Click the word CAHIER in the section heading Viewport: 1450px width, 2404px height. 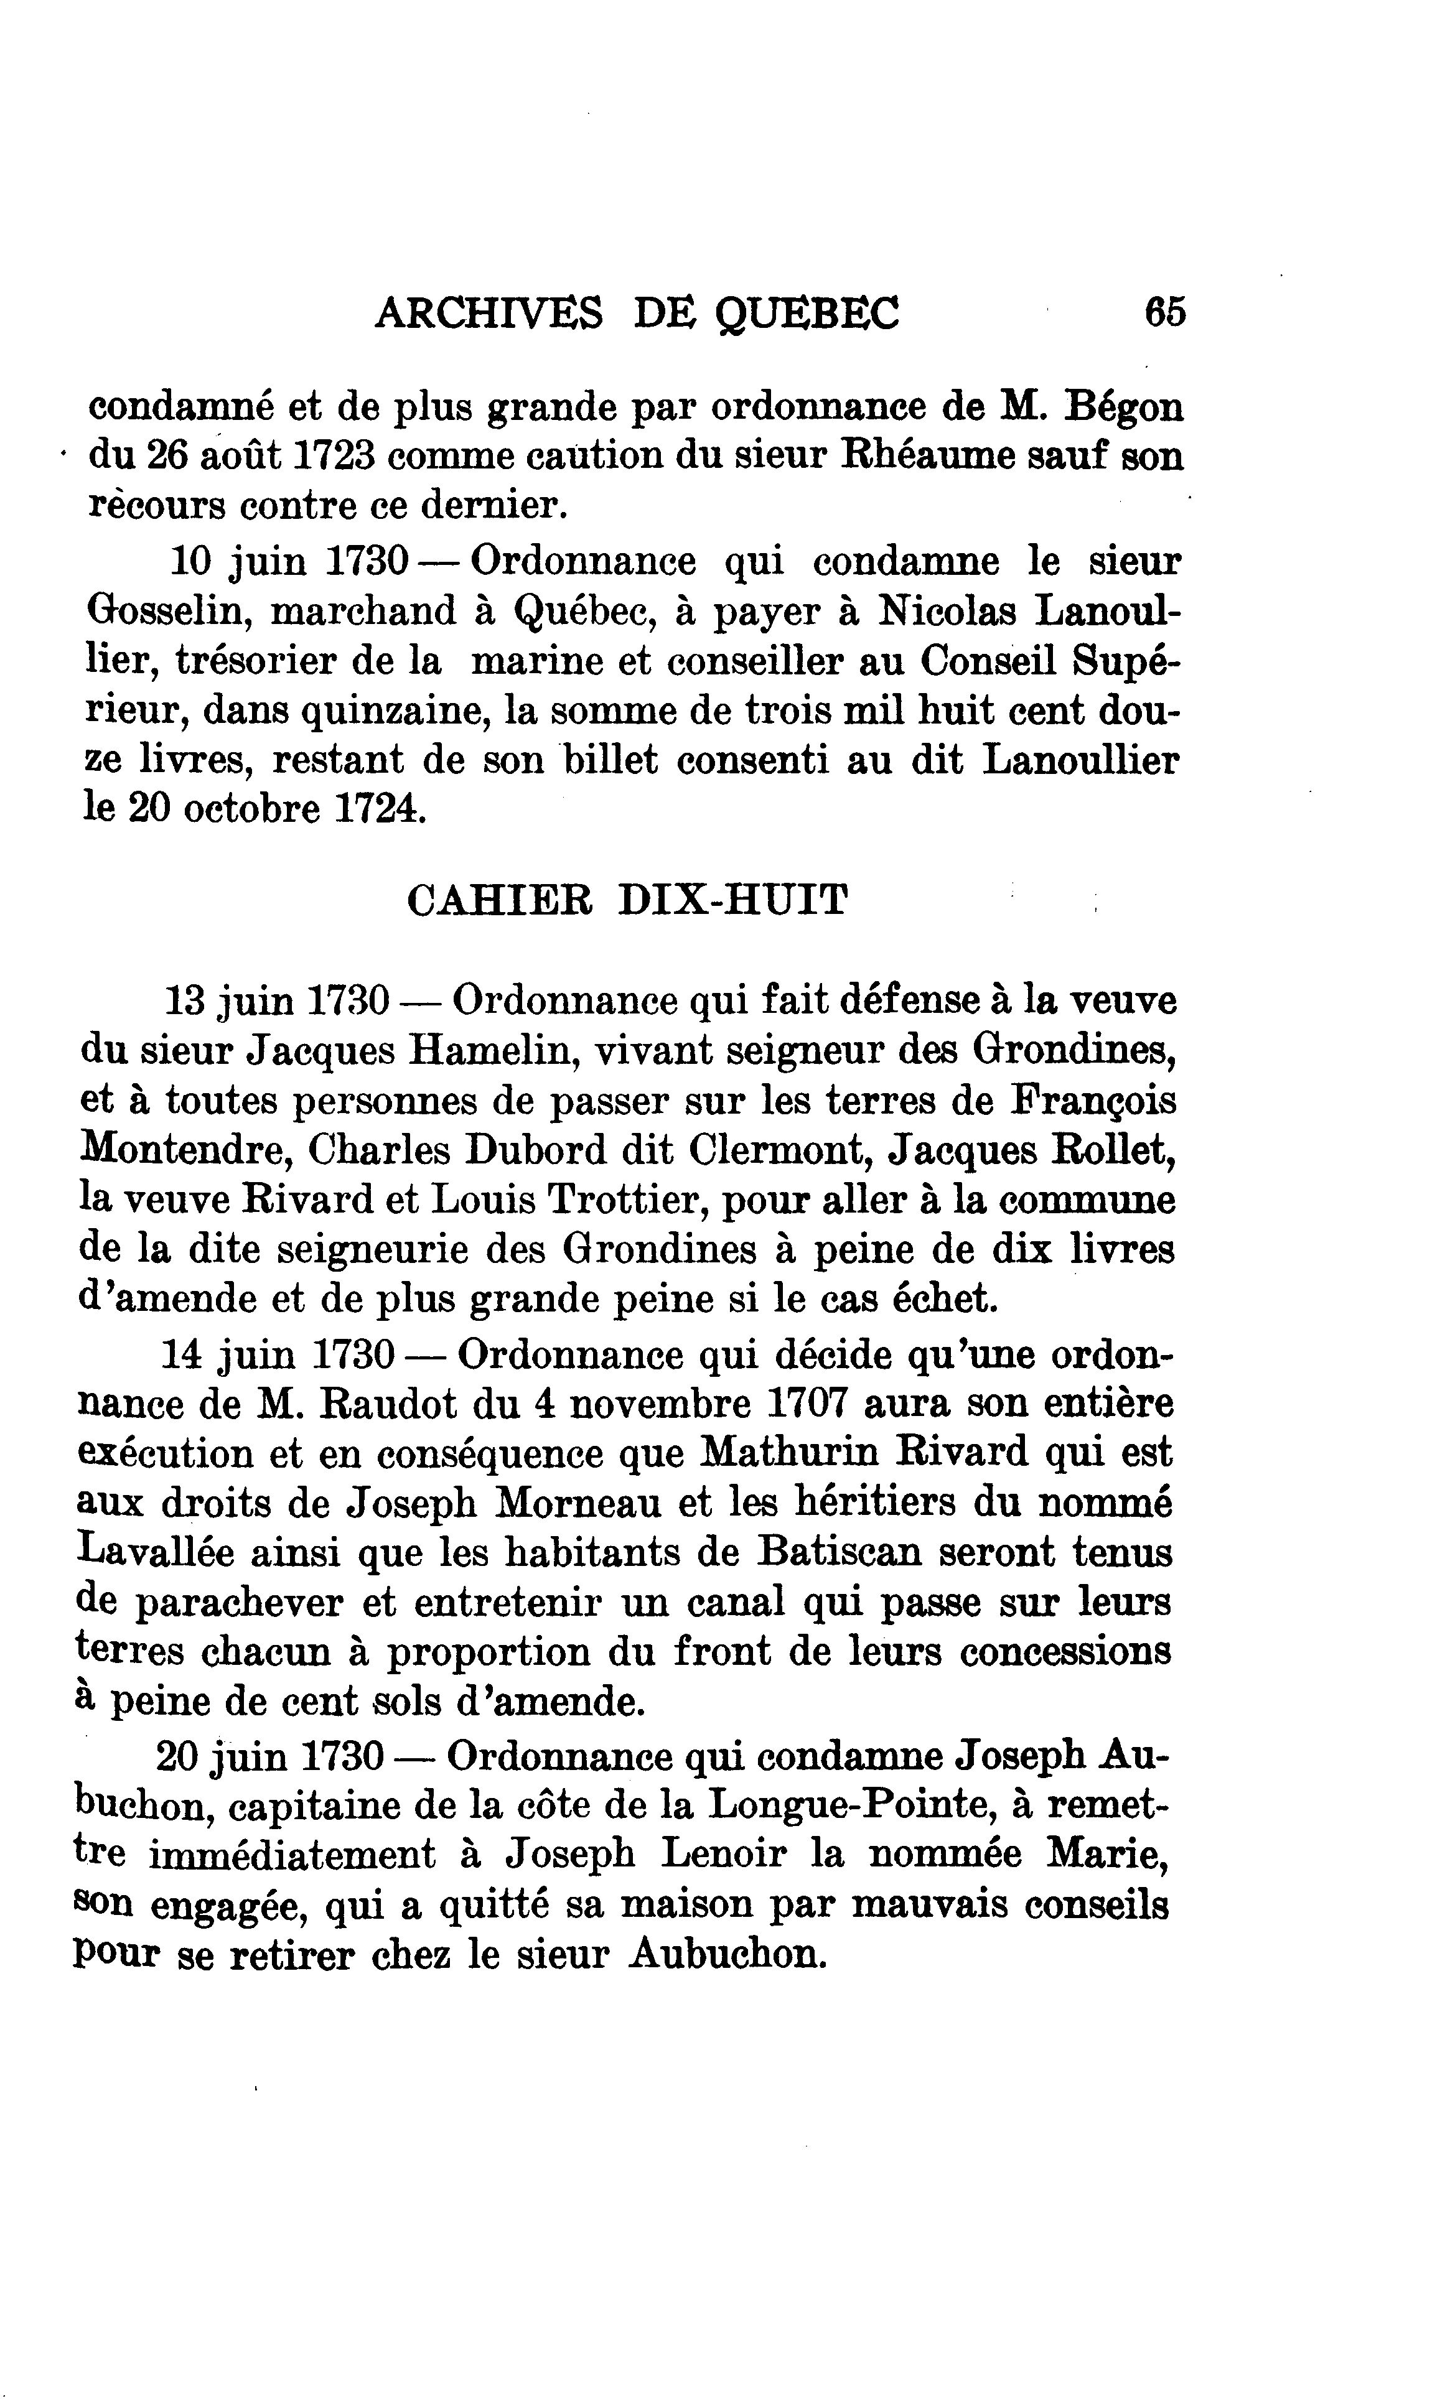[498, 900]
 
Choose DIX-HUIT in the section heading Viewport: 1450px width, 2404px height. [733, 900]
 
